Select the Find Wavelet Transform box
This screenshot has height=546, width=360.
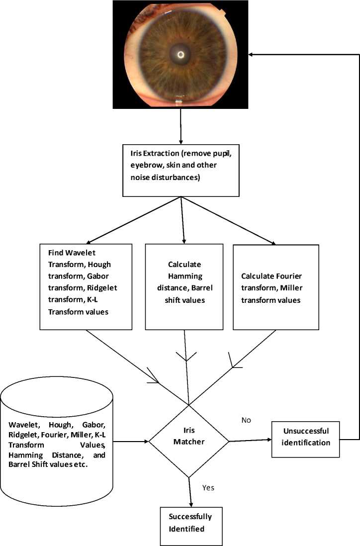click(x=86, y=286)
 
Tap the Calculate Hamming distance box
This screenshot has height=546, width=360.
click(x=184, y=286)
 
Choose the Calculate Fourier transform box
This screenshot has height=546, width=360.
click(x=276, y=286)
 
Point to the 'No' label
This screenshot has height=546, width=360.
click(x=246, y=420)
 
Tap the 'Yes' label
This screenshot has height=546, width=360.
click(x=208, y=487)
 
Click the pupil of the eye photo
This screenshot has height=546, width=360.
click(x=180, y=54)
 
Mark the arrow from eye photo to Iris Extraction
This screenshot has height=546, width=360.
click(x=180, y=126)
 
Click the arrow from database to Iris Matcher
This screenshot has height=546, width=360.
click(x=132, y=441)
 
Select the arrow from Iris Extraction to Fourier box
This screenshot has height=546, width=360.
click(x=229, y=219)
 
